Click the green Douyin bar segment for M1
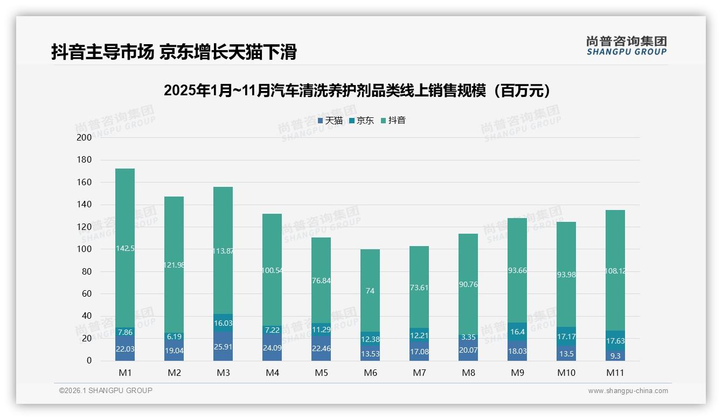(125, 215)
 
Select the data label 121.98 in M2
(174, 265)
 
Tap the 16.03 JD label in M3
(223, 323)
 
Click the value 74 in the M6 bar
(370, 291)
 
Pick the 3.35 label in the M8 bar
(468, 338)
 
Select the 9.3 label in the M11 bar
(615, 356)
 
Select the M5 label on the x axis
(321, 373)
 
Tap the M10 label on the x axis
(566, 373)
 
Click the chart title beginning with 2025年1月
(359, 90)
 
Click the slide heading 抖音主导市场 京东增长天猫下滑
(173, 52)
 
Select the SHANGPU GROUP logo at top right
(626, 46)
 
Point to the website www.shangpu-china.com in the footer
(628, 391)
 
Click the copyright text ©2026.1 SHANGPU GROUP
(106, 390)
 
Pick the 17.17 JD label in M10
(566, 336)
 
